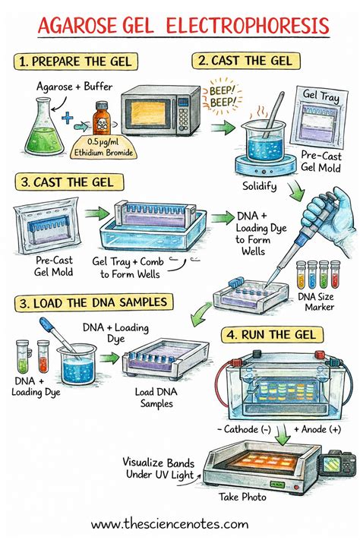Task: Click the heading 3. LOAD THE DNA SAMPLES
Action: coord(96,304)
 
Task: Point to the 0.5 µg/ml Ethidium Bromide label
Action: coord(103,145)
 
